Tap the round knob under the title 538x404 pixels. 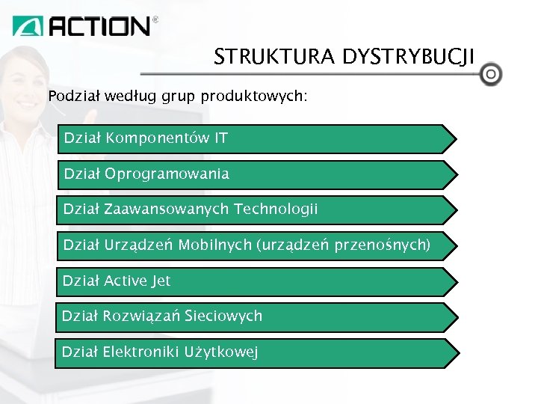(491, 75)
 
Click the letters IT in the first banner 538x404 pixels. (220, 138)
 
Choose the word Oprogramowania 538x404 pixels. (167, 174)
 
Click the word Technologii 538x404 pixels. (276, 209)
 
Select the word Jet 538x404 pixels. (161, 281)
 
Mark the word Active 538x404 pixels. (126, 281)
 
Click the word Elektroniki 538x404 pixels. (137, 352)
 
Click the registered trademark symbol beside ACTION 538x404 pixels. (155, 20)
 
